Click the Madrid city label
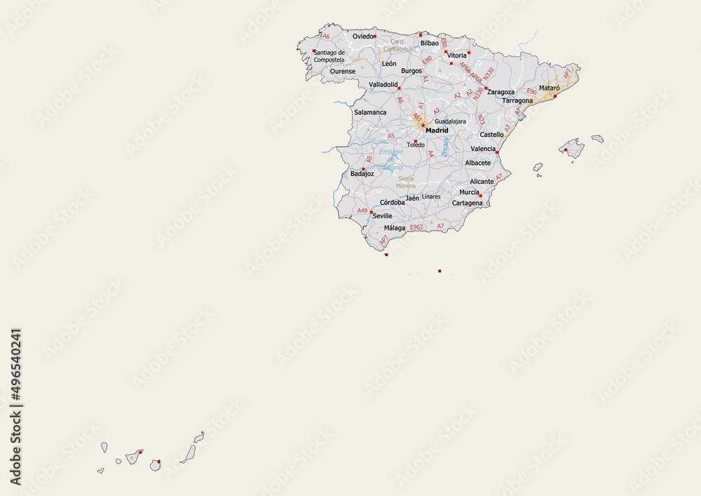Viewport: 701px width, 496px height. (x=437, y=130)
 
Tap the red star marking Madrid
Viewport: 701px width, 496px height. (x=423, y=126)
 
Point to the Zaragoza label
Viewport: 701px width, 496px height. (x=501, y=92)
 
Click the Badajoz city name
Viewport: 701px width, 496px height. (x=362, y=174)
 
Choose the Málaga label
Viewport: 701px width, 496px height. (x=395, y=228)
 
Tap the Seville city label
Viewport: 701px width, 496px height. (x=383, y=216)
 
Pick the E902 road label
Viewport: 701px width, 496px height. (x=416, y=227)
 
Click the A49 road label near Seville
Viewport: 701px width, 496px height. (x=362, y=210)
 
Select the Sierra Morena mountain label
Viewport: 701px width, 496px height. (x=406, y=182)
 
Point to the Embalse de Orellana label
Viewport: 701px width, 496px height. (x=391, y=159)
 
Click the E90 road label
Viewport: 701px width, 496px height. (x=531, y=92)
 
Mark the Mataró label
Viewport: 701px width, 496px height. (x=549, y=88)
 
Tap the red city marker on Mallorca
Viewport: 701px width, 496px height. (x=566, y=149)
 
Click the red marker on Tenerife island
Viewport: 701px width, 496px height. (x=140, y=453)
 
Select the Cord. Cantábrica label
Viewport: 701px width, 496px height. (x=398, y=45)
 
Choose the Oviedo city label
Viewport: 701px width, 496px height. (x=362, y=36)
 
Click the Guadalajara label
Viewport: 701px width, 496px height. (x=451, y=121)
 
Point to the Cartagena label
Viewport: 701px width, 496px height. (x=468, y=203)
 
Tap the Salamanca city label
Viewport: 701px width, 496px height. (x=370, y=112)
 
